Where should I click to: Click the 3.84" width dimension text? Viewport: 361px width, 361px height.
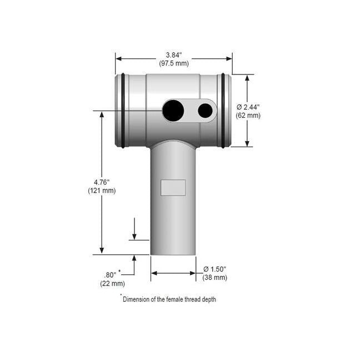click(x=174, y=55)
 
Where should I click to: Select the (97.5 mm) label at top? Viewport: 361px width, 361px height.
click(x=174, y=63)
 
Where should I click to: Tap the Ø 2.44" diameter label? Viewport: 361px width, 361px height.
click(x=248, y=107)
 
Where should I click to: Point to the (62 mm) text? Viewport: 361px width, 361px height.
click(x=248, y=116)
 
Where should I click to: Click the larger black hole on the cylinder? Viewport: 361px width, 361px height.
click(x=173, y=111)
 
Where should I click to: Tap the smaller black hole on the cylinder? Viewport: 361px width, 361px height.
click(x=205, y=111)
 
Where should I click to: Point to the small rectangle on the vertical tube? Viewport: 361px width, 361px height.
click(x=173, y=188)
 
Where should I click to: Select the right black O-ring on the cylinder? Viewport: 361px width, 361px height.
click(x=223, y=111)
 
